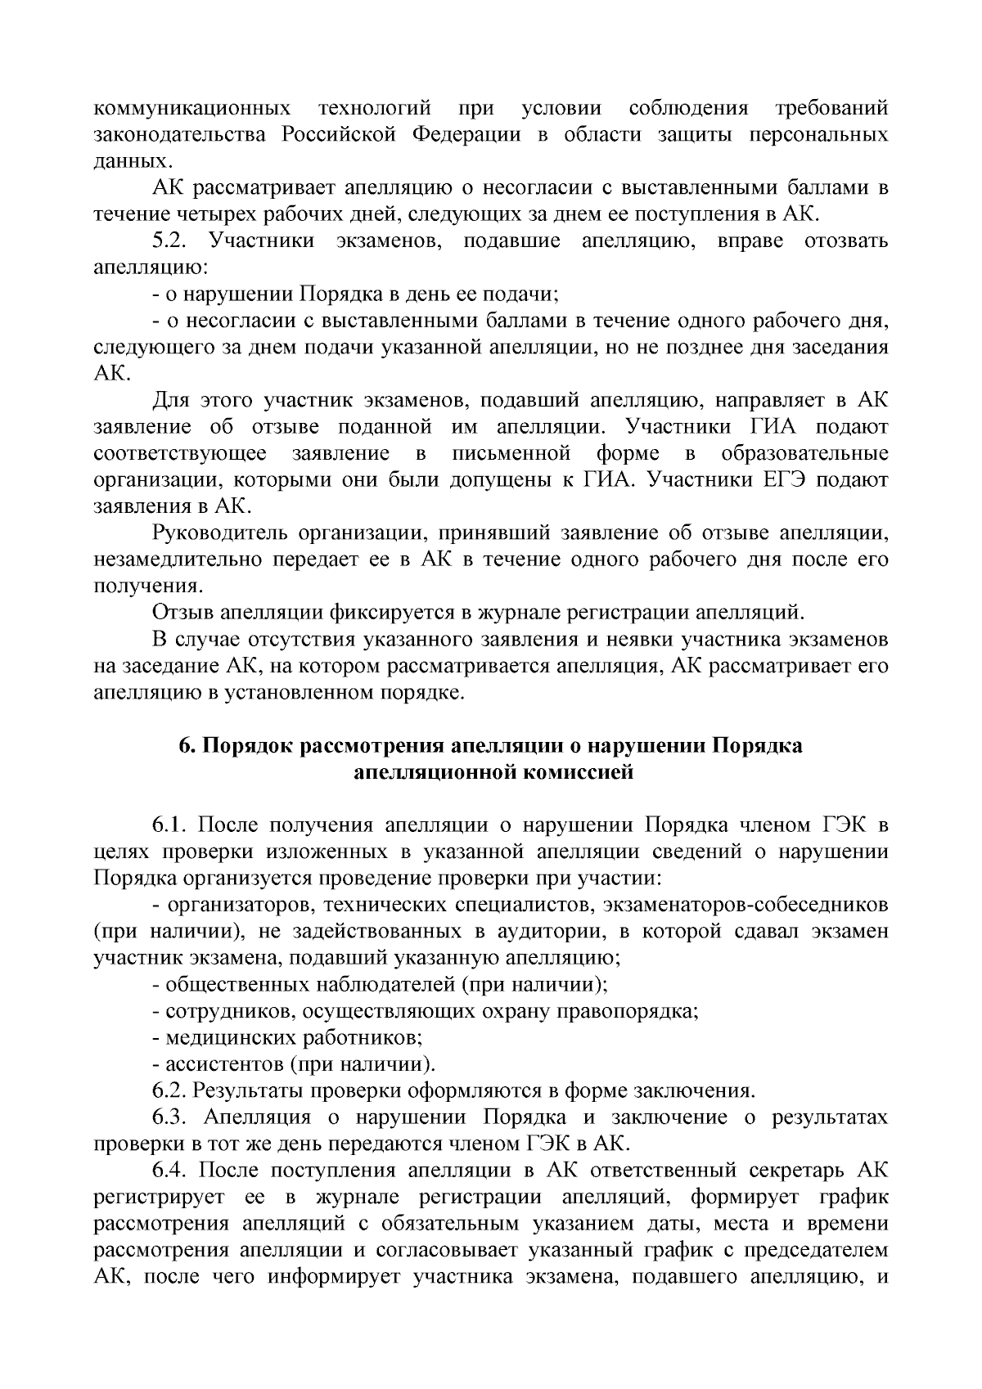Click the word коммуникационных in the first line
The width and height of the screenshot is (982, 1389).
(192, 109)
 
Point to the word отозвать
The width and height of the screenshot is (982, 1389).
(847, 241)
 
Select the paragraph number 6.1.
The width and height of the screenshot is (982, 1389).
(170, 825)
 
